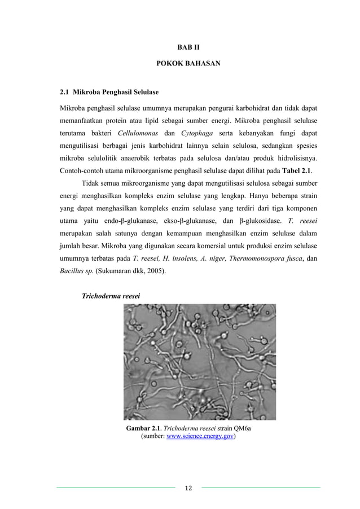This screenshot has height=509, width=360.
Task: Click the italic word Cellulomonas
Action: click(x=141, y=134)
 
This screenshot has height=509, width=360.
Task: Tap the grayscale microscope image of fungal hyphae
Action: click(x=199, y=362)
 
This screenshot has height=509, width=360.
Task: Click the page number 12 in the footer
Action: click(x=188, y=488)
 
